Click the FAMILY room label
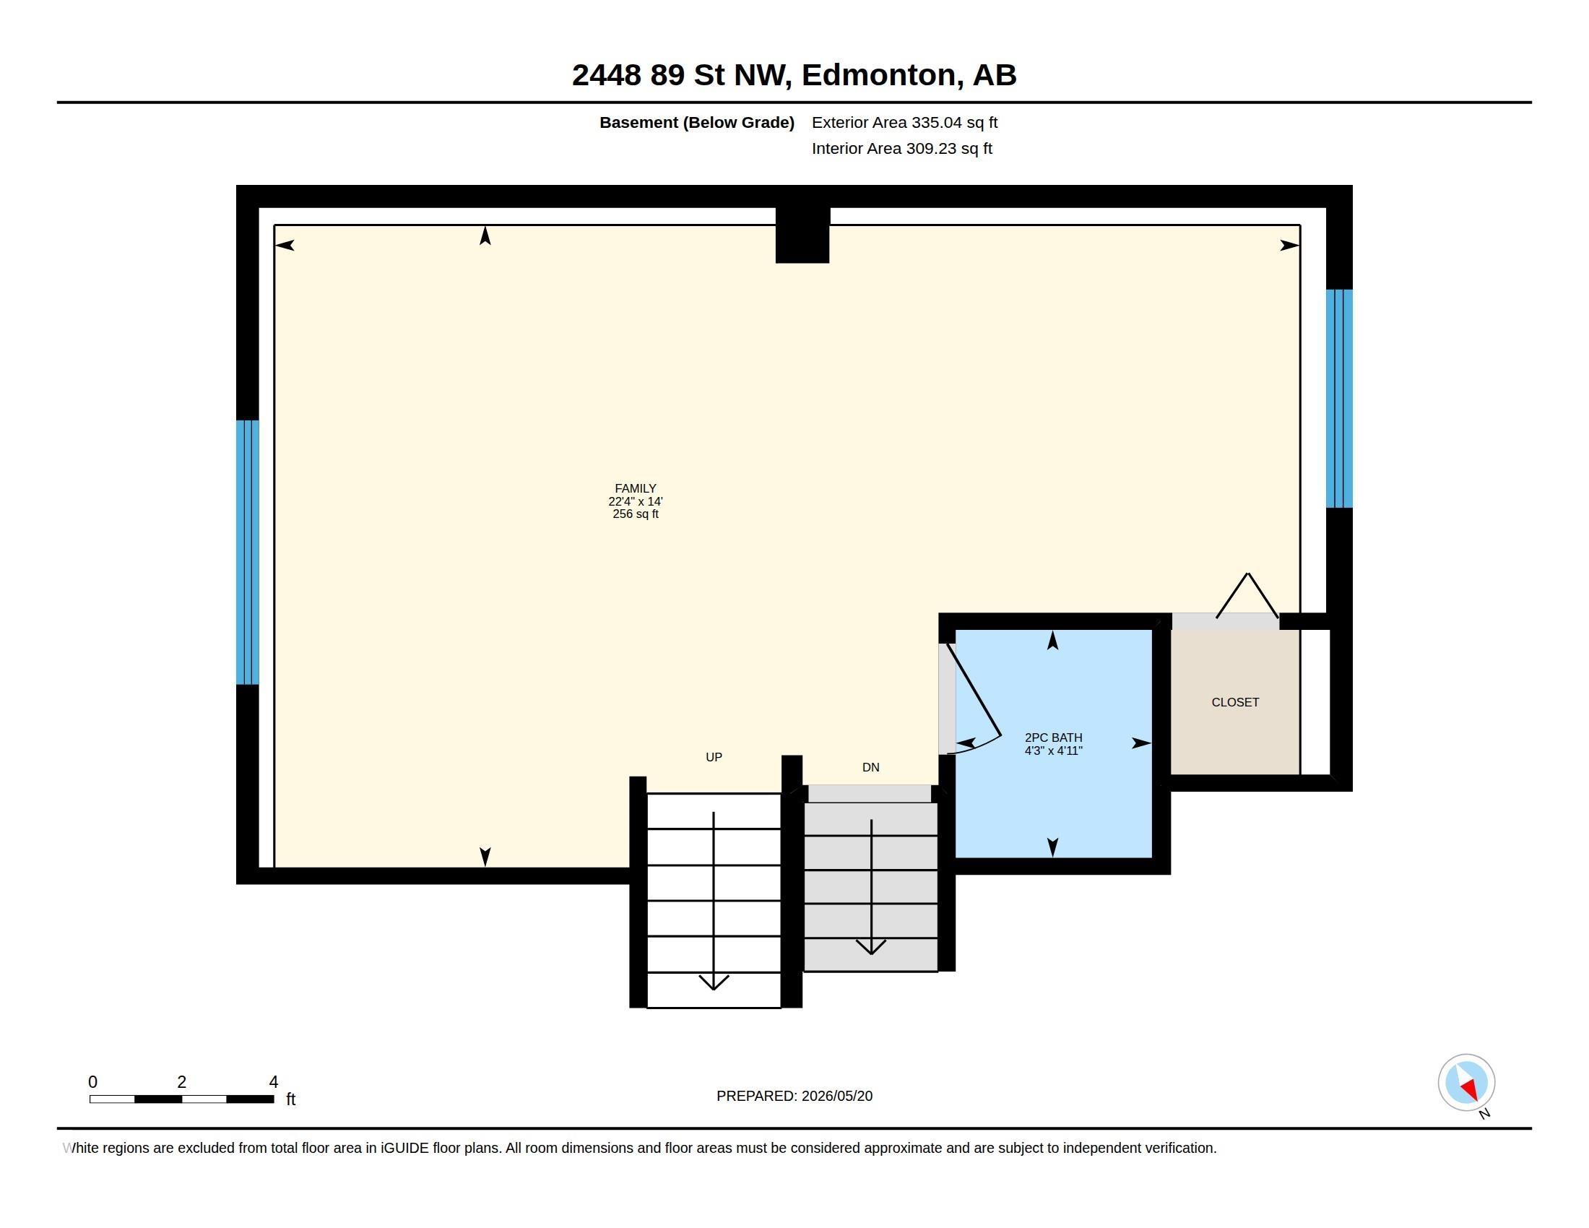click(635, 488)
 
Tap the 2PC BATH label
click(1054, 737)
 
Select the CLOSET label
click(1234, 702)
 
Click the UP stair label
click(714, 757)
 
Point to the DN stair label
click(871, 767)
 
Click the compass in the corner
click(1466, 1083)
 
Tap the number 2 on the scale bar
click(182, 1082)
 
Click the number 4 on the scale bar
click(274, 1082)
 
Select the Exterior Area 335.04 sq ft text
click(904, 122)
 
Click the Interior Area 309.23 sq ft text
click(901, 148)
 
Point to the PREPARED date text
click(794, 1096)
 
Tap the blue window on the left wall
click(247, 552)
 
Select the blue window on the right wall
click(1338, 399)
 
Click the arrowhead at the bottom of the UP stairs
click(714, 983)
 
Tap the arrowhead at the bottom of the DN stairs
click(871, 947)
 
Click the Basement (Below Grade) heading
click(696, 122)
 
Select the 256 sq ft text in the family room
click(635, 514)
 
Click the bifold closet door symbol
click(1247, 595)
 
